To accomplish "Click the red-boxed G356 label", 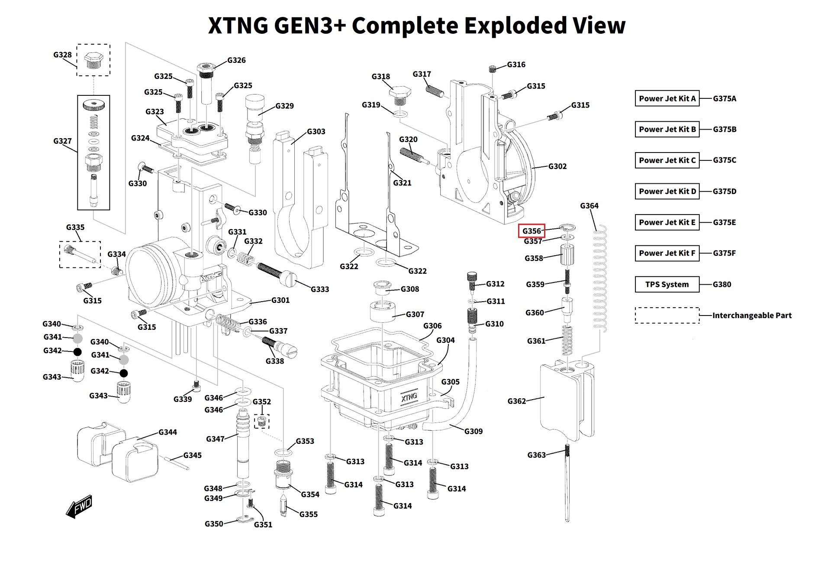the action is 531,231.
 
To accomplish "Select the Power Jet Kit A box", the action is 667,98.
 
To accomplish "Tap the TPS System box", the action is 667,284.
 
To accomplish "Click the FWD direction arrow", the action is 80,506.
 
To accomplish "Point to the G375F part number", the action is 724,253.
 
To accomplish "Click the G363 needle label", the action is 536,455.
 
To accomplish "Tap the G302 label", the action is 557,166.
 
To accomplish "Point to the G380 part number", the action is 721,284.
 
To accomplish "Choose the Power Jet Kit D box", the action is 667,191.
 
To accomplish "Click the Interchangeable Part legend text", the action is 752,316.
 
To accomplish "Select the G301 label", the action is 280,300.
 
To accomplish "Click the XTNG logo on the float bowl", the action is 409,397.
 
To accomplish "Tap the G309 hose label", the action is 473,431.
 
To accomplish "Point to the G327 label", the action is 62,141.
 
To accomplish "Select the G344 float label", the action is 167,432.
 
